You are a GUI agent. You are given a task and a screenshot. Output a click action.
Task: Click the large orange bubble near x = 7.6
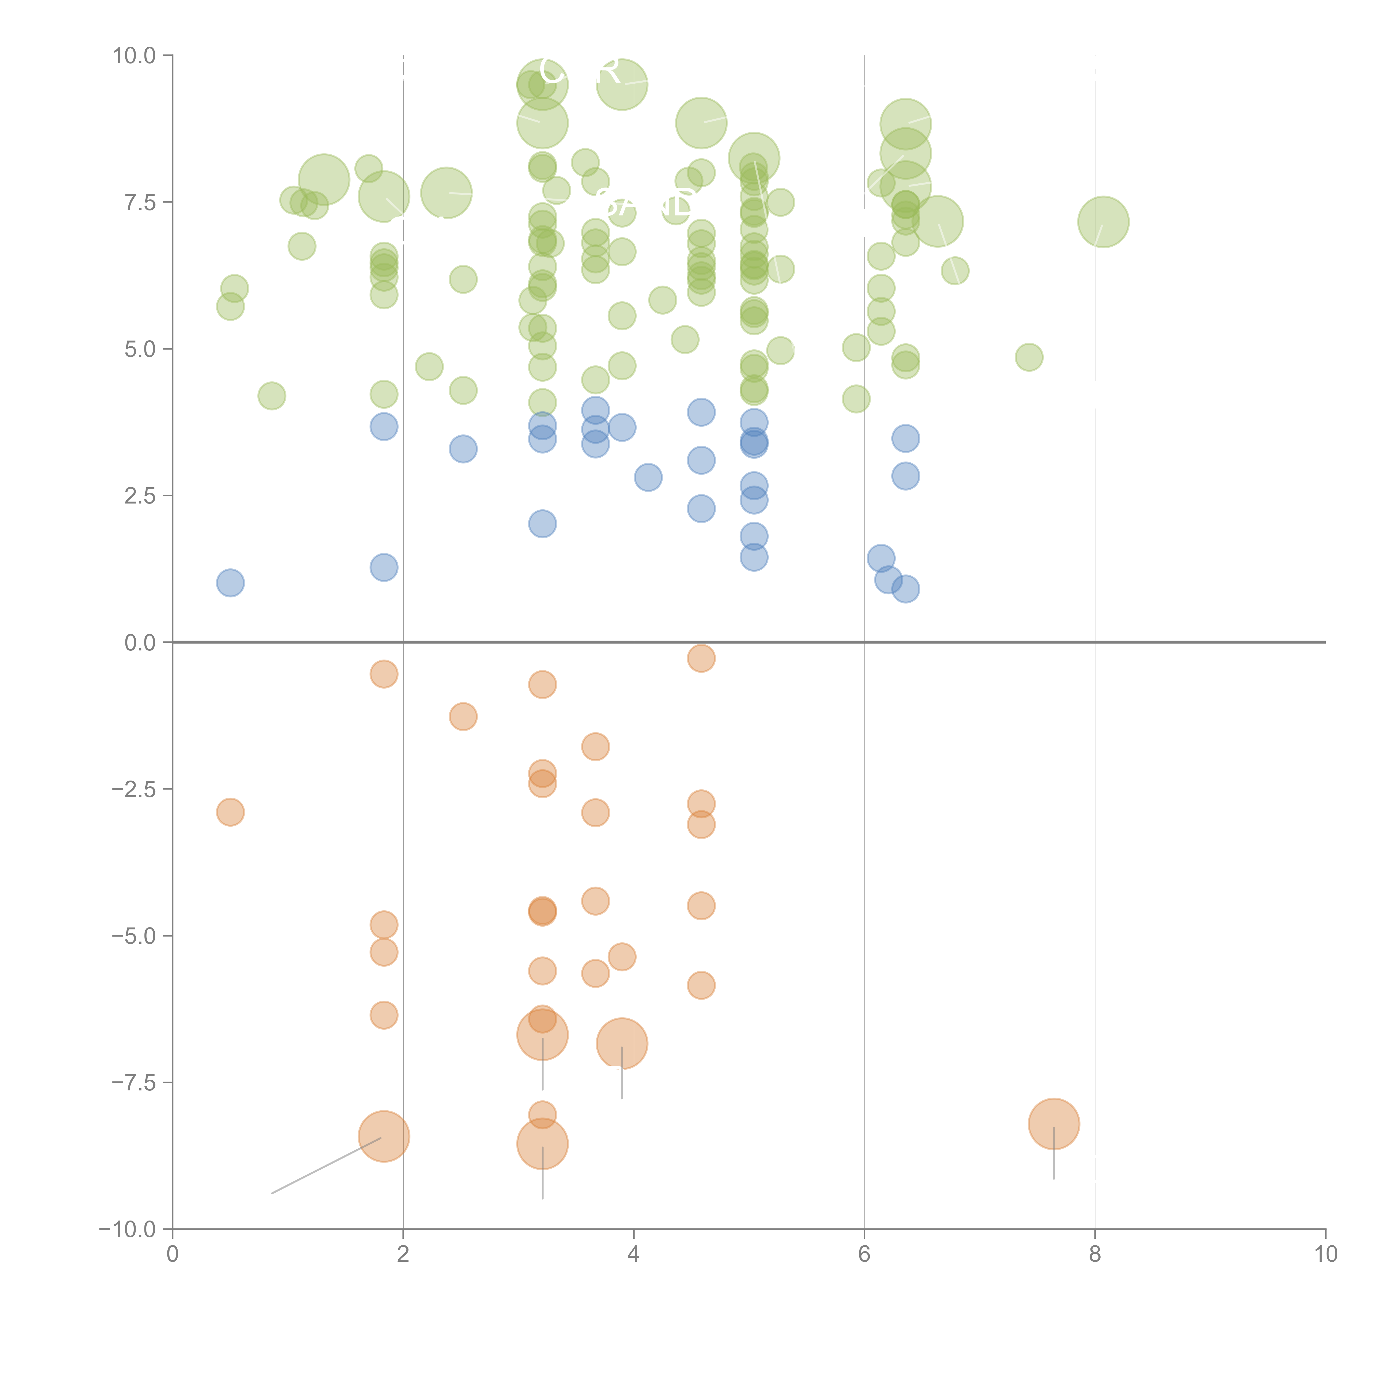[1054, 1124]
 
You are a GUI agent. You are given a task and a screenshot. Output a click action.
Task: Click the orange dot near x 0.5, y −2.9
[230, 812]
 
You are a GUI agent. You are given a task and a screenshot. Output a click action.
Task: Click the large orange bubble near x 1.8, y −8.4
[384, 1137]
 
